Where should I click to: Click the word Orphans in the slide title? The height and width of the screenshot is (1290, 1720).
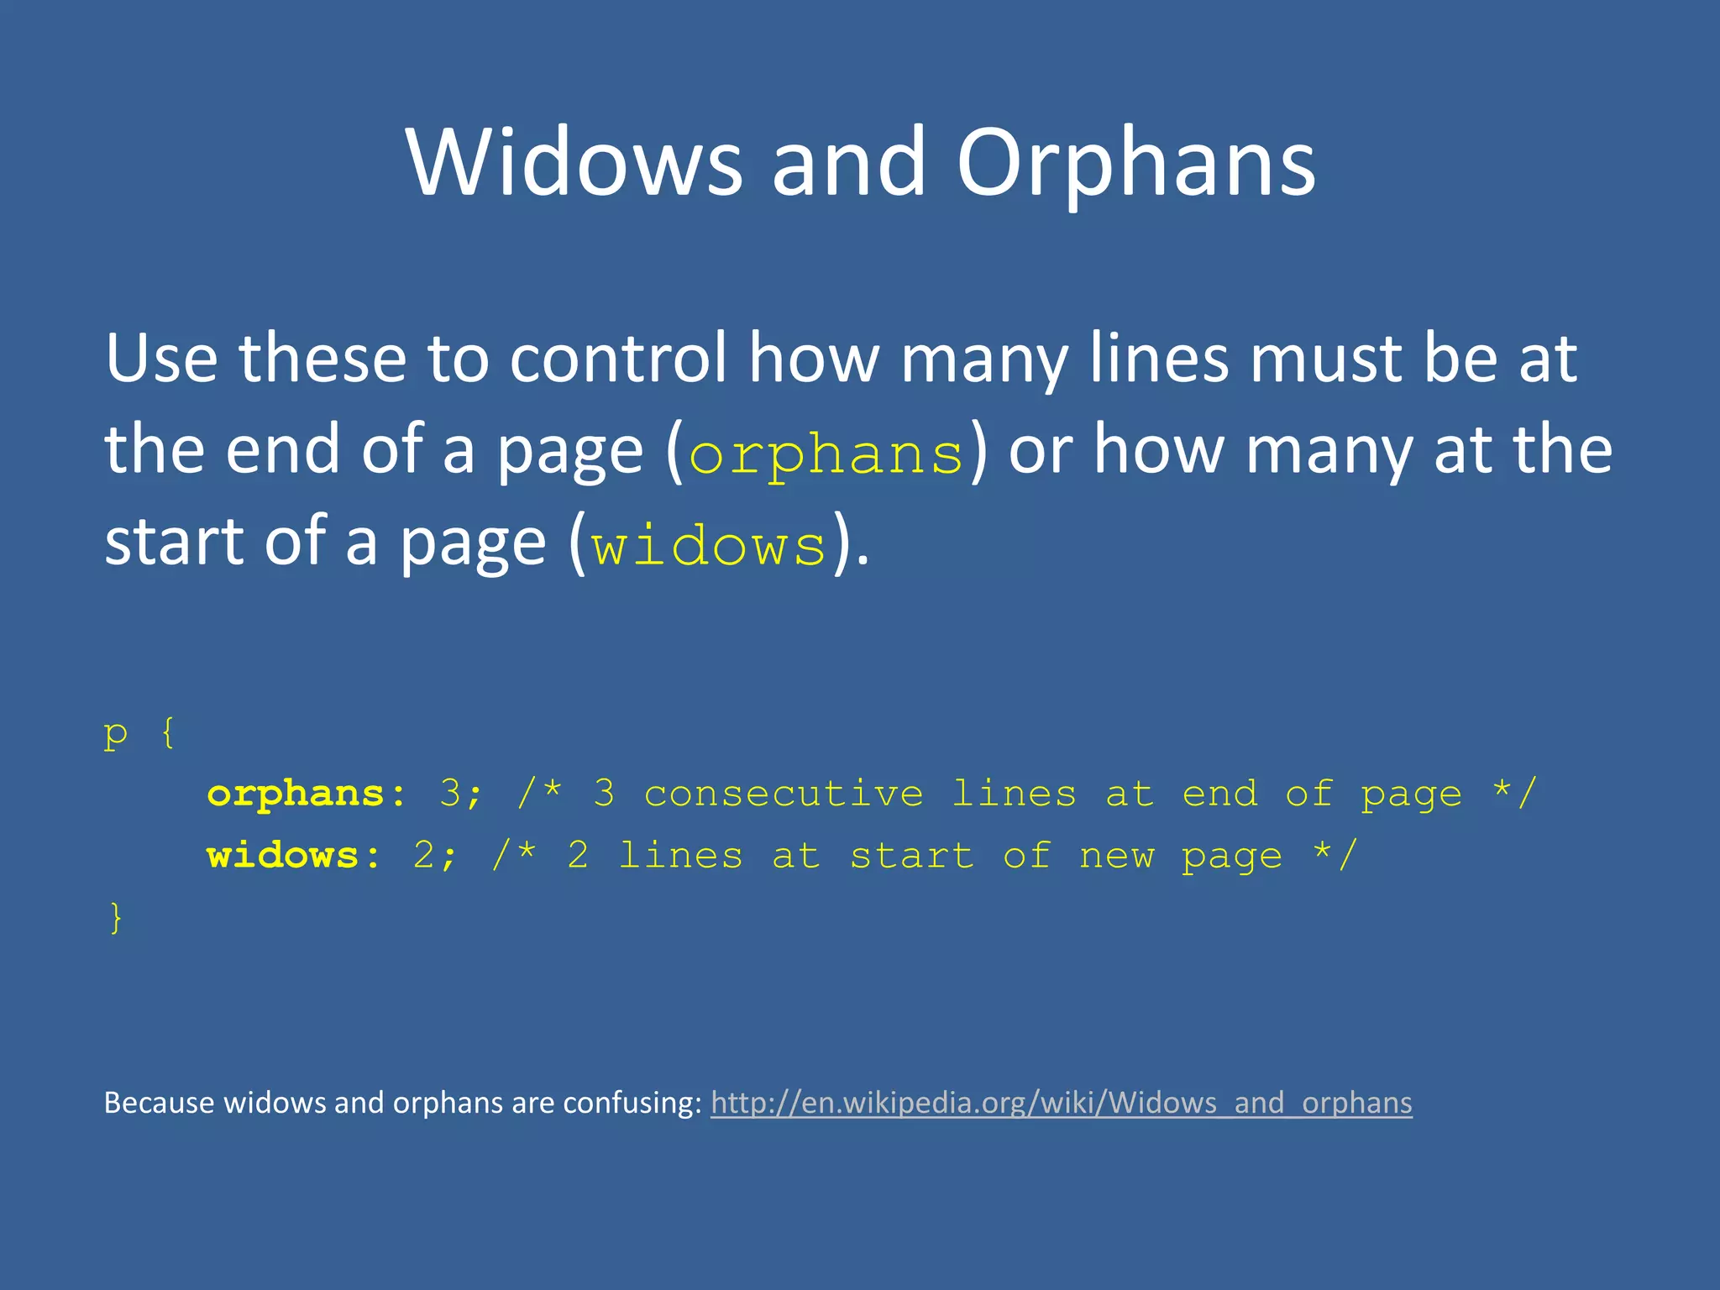coord(1135,164)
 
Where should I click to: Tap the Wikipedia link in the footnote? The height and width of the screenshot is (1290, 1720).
coord(1061,1102)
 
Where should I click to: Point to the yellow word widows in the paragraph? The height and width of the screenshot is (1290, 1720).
coord(709,547)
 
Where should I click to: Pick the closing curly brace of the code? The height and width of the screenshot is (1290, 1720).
coord(116,917)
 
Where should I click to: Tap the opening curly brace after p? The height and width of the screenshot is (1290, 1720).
coord(168,733)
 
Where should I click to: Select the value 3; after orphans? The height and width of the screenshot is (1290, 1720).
coord(461,794)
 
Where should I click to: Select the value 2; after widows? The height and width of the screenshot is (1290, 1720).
coord(435,856)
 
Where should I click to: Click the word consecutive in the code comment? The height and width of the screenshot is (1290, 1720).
coord(784,794)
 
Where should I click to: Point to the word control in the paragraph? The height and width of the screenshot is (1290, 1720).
coord(617,359)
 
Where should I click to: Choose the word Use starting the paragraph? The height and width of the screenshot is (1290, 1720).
coord(160,359)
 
